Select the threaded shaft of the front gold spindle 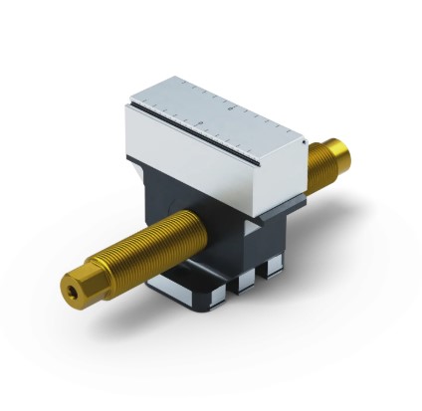pyautogui.click(x=149, y=253)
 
